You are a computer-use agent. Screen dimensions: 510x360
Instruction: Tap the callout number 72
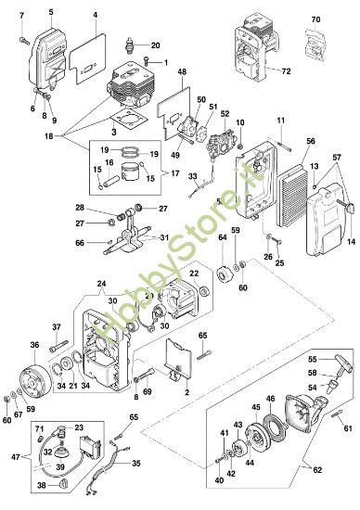pyautogui.click(x=286, y=70)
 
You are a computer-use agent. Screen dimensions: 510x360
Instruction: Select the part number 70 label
pyautogui.click(x=315, y=19)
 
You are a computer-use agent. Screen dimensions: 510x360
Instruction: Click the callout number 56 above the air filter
pyautogui.click(x=310, y=140)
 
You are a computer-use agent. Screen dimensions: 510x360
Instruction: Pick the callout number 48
pyautogui.click(x=182, y=71)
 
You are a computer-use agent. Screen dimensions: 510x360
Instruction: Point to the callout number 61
pyautogui.click(x=347, y=427)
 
